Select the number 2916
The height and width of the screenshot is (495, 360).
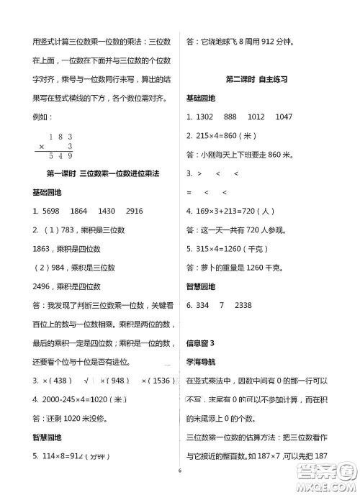134,211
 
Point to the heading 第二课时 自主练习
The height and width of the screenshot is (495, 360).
257,79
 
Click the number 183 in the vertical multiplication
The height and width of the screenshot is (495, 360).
61,136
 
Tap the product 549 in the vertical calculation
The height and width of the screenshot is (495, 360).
60,155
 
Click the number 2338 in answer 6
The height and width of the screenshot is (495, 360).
243,306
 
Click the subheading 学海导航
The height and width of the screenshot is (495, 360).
201,362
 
